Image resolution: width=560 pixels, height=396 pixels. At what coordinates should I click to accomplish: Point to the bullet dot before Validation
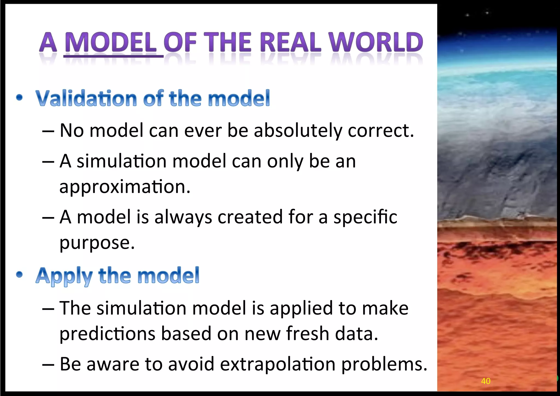tap(19, 97)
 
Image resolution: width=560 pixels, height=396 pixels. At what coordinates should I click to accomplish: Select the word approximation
tap(125, 187)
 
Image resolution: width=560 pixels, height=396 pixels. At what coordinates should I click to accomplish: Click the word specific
tap(365, 217)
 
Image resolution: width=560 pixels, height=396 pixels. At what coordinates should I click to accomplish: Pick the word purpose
tap(97, 243)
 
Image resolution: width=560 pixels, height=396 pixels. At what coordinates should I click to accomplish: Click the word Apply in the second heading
tap(64, 276)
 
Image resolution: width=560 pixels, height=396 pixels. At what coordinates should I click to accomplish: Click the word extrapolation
tap(278, 365)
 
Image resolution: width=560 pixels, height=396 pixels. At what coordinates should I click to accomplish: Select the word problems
tap(384, 365)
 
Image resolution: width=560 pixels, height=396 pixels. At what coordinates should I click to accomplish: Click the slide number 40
tap(486, 381)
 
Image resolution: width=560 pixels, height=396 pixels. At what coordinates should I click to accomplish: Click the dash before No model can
tap(48, 131)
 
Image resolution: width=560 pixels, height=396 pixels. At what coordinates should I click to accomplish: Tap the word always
tap(183, 217)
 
